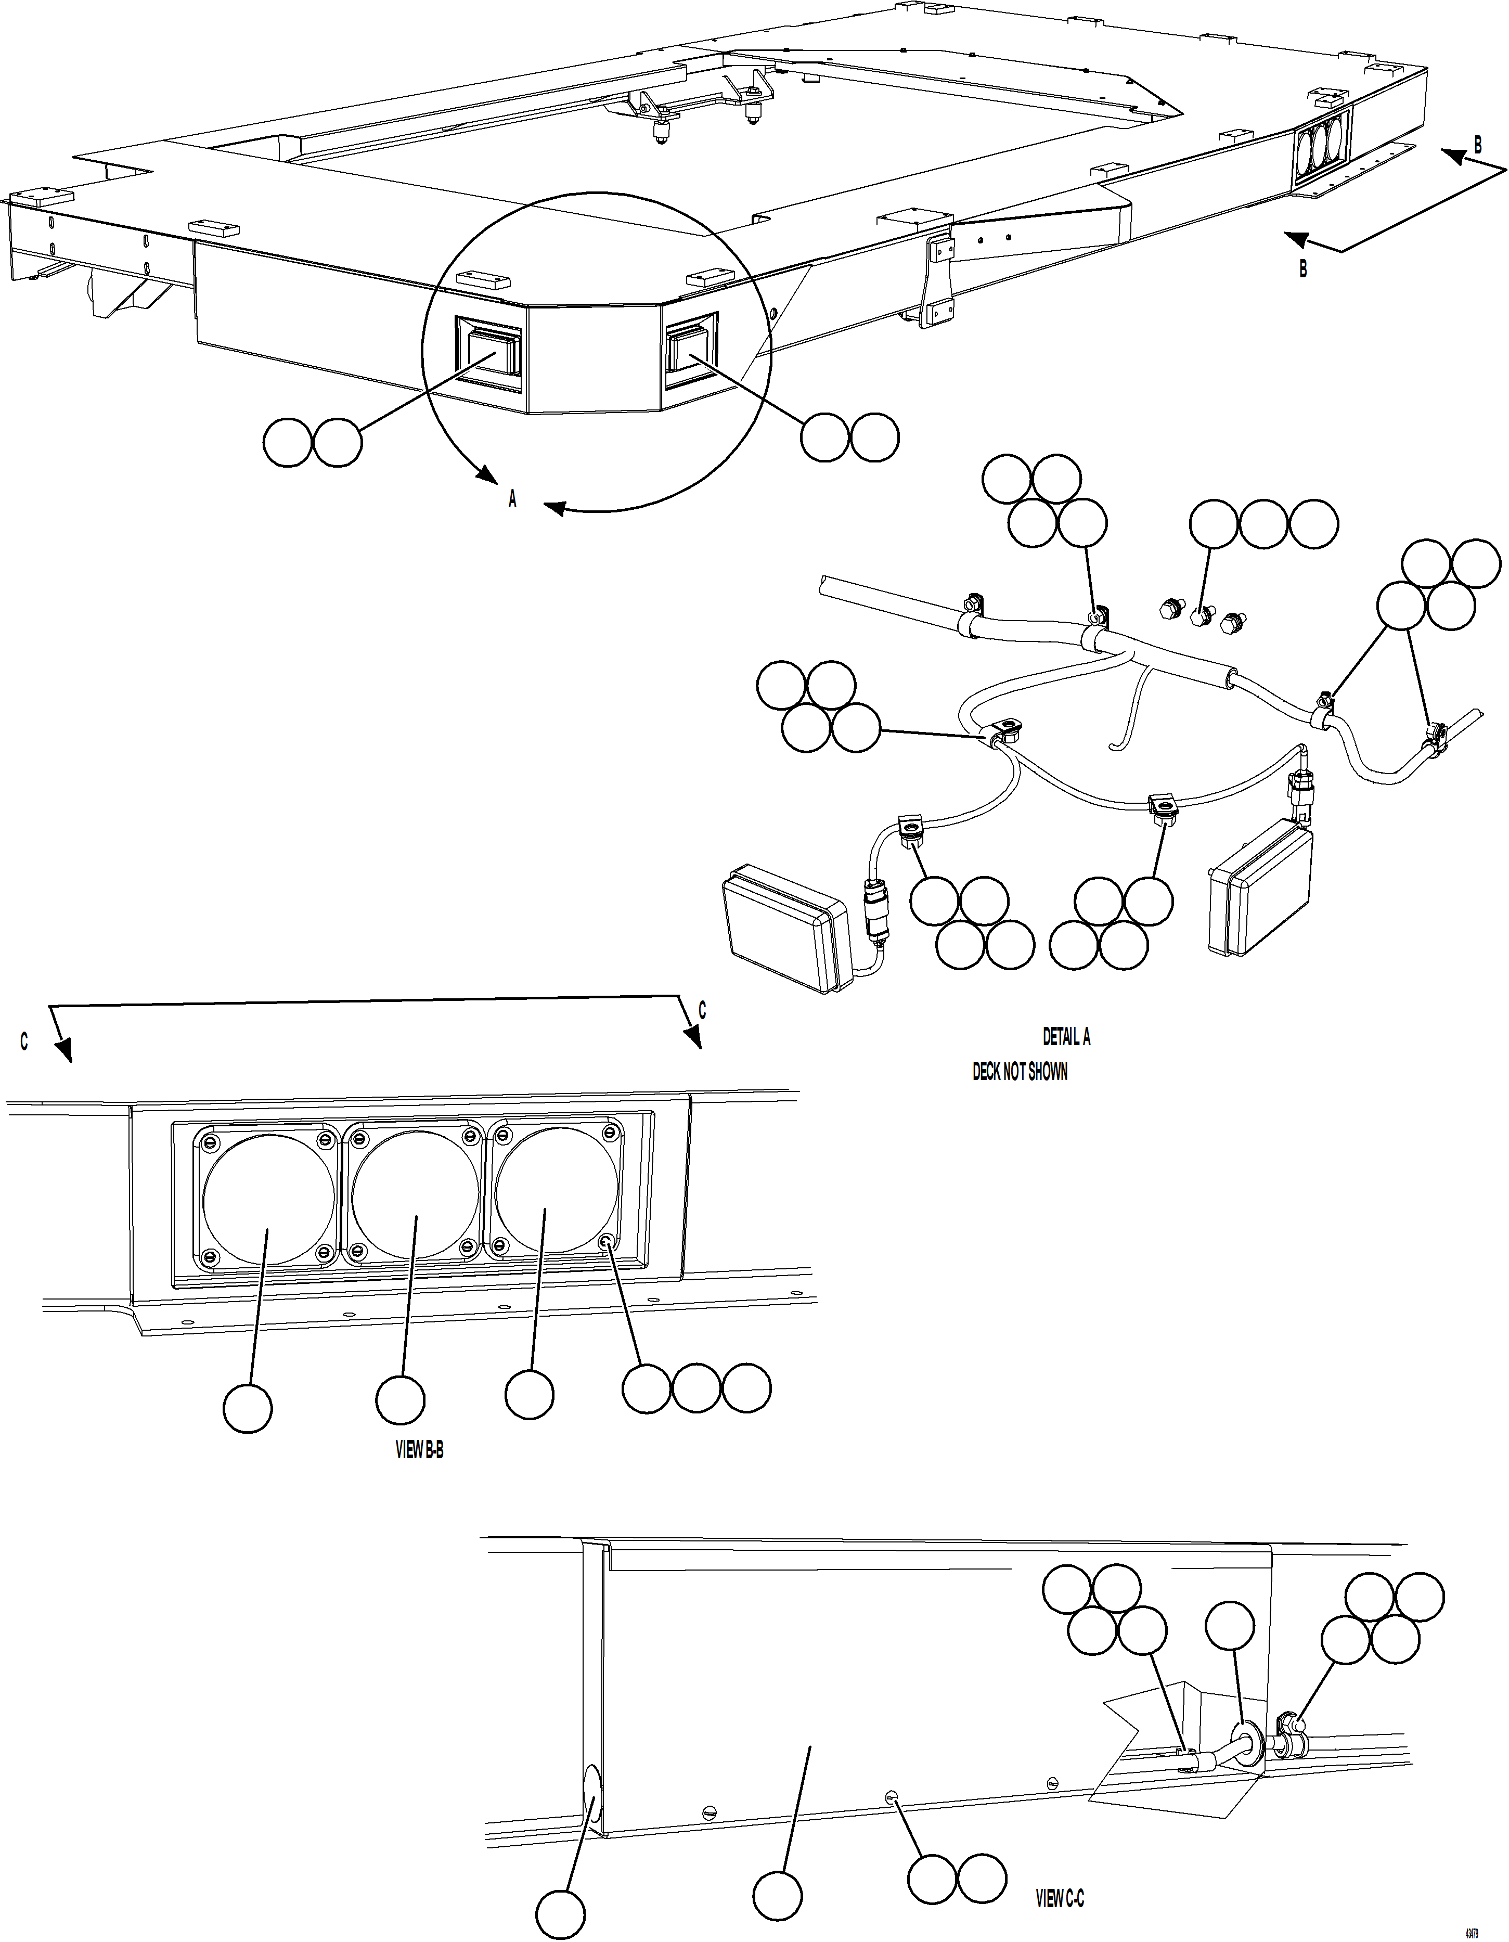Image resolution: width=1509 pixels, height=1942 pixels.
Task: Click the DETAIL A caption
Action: (1066, 1037)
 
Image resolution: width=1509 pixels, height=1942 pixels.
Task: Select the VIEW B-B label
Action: (419, 1450)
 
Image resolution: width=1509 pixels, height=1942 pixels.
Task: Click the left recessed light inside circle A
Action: (487, 350)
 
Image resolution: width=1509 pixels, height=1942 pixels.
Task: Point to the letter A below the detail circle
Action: (512, 500)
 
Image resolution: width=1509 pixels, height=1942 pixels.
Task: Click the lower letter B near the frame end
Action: (1304, 268)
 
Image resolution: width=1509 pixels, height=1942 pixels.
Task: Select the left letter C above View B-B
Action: (24, 1042)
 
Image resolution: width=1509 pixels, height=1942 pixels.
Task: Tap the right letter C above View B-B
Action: (702, 1011)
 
